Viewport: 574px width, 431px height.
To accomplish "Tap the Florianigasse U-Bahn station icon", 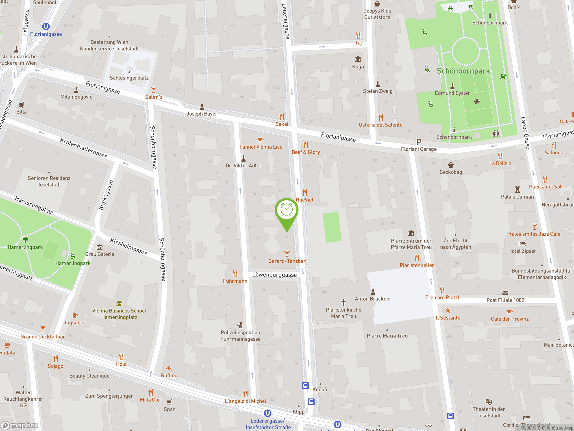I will [46, 26].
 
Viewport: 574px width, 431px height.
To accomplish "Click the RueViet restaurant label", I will [305, 200].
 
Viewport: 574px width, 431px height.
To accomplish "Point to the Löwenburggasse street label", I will [274, 275].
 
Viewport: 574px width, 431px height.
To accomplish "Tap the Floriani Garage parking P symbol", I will [419, 142].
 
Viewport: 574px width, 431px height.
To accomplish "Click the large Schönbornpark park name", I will [463, 71].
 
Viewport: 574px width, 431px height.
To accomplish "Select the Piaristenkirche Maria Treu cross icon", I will [343, 302].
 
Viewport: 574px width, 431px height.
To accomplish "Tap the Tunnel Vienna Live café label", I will [261, 147].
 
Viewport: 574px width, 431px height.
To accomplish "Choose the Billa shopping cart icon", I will [22, 105].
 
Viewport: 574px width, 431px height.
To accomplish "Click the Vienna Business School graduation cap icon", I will [119, 303].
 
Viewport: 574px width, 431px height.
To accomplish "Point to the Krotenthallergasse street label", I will [84, 148].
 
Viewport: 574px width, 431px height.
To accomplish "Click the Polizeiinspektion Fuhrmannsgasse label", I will [240, 336].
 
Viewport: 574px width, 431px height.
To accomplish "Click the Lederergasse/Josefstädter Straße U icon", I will [267, 413].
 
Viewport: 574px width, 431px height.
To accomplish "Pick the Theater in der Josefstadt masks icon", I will [489, 402].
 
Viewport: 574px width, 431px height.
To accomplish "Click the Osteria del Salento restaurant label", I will [380, 125].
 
